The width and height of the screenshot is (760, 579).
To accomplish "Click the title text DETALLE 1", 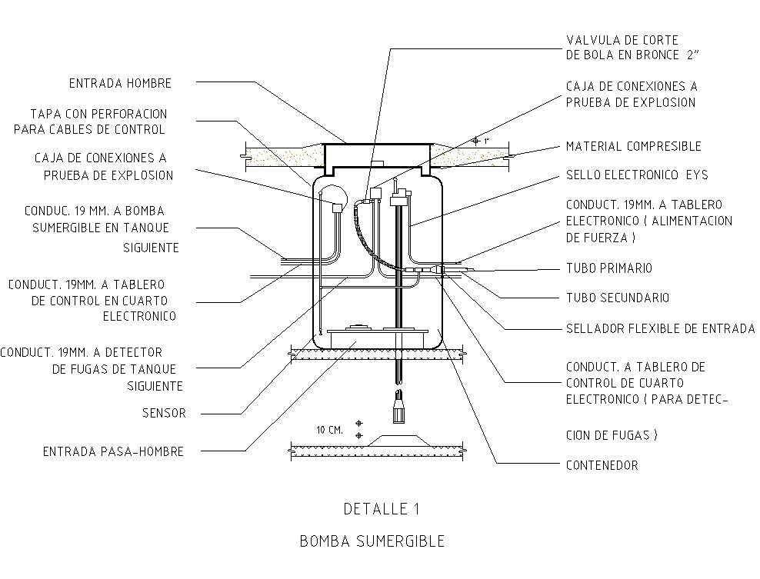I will [x=381, y=508].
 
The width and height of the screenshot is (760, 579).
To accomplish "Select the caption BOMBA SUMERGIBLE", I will [x=372, y=541].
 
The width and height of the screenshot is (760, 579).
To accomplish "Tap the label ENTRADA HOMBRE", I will [x=120, y=83].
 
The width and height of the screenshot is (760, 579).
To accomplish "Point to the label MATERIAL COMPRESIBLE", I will [x=633, y=146].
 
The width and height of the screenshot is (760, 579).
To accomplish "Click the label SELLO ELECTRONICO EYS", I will [x=636, y=175].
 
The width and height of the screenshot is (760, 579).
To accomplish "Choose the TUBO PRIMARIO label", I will [x=608, y=268].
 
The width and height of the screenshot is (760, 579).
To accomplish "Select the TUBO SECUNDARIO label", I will [x=617, y=298].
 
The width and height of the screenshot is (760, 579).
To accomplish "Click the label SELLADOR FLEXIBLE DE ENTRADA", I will [x=660, y=328].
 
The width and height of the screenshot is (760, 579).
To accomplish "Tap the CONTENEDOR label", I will [x=602, y=465].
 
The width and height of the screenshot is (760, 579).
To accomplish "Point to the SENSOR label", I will [x=164, y=413].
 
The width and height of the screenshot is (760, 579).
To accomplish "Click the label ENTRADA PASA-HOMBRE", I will [x=113, y=452].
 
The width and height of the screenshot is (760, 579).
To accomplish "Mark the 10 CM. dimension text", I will [x=329, y=430].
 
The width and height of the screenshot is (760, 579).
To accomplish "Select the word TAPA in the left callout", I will [x=45, y=114].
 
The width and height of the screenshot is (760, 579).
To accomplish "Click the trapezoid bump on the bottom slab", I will [x=399, y=439].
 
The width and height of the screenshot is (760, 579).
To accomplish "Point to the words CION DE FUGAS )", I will [x=612, y=435].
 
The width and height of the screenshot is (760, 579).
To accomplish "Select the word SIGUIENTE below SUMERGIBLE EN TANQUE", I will [x=151, y=248].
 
